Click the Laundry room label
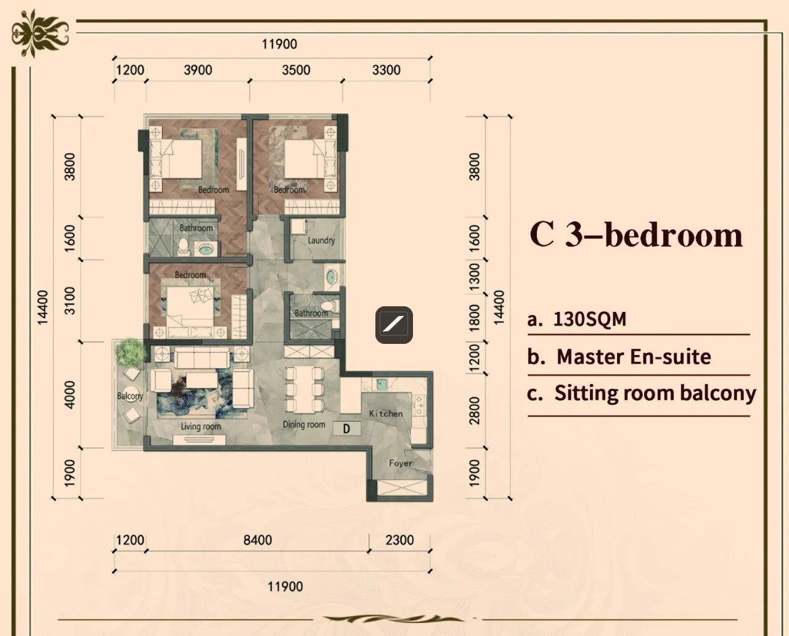pyautogui.click(x=321, y=240)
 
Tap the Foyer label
pyautogui.click(x=401, y=463)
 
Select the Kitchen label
pyautogui.click(x=386, y=414)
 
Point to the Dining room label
pyautogui.click(x=304, y=425)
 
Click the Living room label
pyautogui.click(x=201, y=426)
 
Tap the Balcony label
pyautogui.click(x=130, y=396)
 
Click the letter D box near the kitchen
pyautogui.click(x=346, y=428)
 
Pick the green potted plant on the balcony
pyautogui.click(x=130, y=353)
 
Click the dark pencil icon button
pyautogui.click(x=394, y=325)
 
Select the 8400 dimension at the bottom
pyautogui.click(x=258, y=540)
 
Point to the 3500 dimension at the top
pyautogui.click(x=296, y=70)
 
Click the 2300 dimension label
pyautogui.click(x=399, y=540)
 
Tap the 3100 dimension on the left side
pyautogui.click(x=69, y=301)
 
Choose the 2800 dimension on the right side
pyautogui.click(x=475, y=410)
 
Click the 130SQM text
pyautogui.click(x=589, y=319)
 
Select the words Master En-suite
pyautogui.click(x=634, y=357)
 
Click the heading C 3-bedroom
pyautogui.click(x=636, y=235)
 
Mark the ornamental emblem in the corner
pyautogui.click(x=40, y=33)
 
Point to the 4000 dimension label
pyautogui.click(x=69, y=395)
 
